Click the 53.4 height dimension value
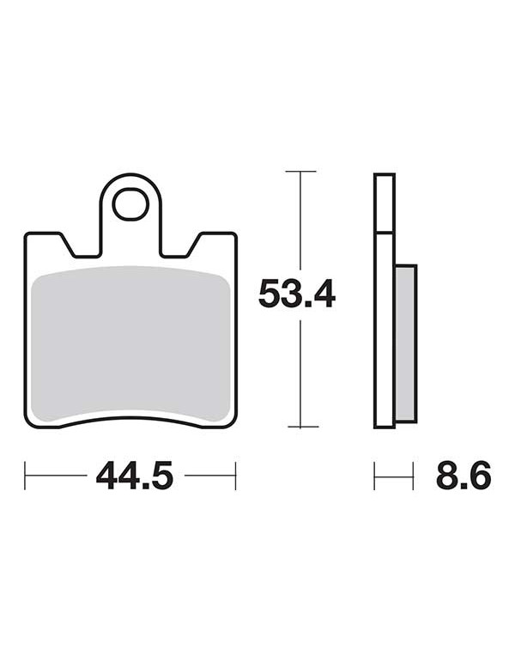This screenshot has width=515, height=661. (x=297, y=294)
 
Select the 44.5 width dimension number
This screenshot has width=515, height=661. (x=135, y=475)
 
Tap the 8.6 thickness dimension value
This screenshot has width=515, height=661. (x=463, y=475)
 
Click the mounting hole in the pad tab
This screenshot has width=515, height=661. (x=130, y=204)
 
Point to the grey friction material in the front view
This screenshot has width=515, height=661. (x=130, y=344)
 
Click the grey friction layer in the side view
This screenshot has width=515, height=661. (x=406, y=343)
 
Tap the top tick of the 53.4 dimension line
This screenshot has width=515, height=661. (x=300, y=172)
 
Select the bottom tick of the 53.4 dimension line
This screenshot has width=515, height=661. (x=303, y=427)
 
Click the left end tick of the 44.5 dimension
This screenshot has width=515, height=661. (x=25, y=476)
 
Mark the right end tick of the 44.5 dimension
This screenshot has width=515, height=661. (x=235, y=476)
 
